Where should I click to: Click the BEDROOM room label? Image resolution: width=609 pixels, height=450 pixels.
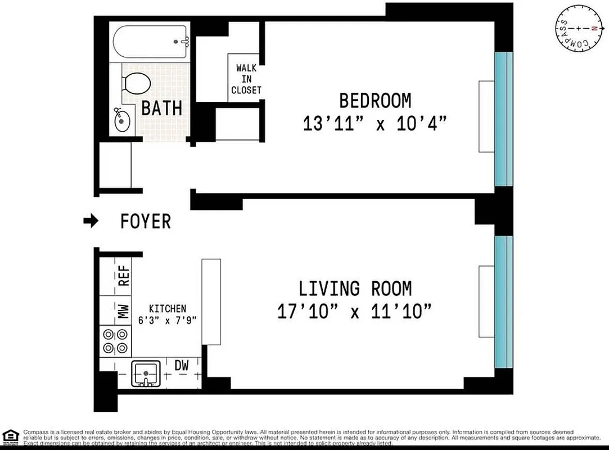point(375,101)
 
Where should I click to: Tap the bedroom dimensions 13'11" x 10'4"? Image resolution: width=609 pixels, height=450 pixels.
point(375,123)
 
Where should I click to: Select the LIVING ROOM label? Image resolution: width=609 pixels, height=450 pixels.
point(355,289)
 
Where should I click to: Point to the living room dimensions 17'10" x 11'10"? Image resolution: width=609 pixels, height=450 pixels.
point(355,311)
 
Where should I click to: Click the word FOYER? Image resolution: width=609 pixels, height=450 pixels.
point(146,222)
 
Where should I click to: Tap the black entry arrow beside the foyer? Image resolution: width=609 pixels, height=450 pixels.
point(90,221)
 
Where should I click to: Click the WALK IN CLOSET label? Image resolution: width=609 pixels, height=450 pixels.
point(246,79)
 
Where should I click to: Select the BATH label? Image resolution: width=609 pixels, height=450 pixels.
point(161,108)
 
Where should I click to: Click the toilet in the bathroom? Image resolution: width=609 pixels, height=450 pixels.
point(136,84)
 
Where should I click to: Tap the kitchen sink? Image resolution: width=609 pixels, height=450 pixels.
point(146,373)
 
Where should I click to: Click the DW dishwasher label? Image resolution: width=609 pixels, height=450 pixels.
point(181,366)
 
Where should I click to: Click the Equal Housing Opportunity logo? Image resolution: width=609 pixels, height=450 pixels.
point(10,436)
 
